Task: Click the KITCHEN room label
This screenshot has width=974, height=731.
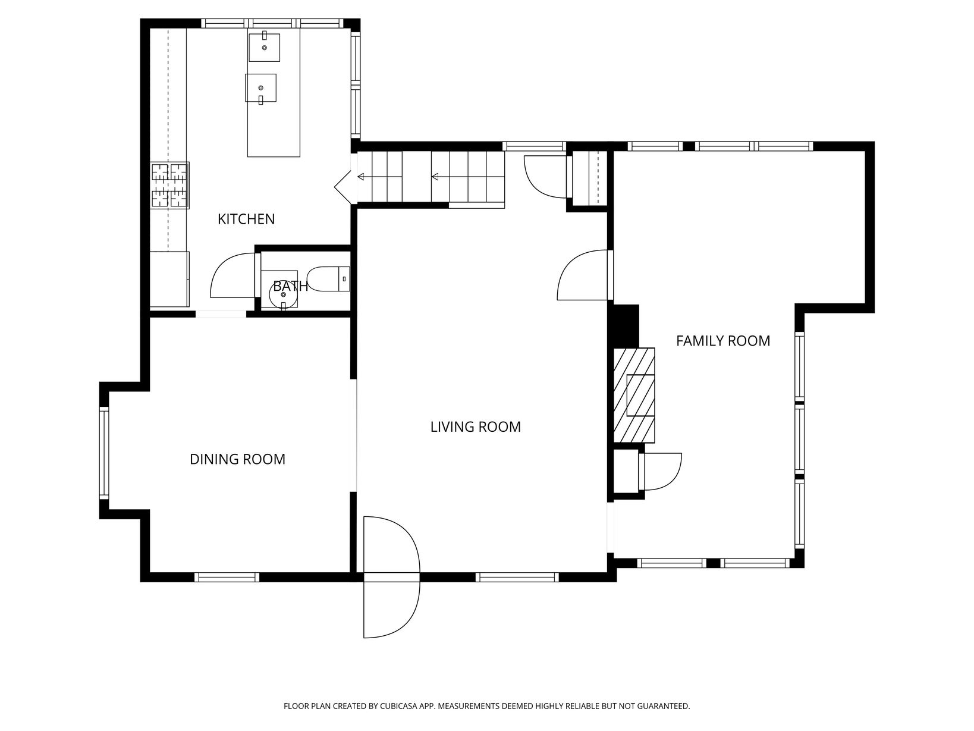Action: pos(246,219)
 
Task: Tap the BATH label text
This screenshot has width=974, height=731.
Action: pos(290,286)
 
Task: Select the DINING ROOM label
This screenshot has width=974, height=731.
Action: pos(237,459)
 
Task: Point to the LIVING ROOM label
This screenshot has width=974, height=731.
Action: pos(475,426)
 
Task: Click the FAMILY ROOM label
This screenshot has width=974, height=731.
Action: pos(723,340)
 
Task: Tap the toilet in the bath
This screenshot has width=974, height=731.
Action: pos(328,279)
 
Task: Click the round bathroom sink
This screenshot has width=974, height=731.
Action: pos(283,295)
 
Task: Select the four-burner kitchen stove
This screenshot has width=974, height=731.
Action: pos(169,185)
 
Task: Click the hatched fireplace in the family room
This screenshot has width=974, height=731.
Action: pos(634,395)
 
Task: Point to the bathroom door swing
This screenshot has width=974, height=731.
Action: pos(232,275)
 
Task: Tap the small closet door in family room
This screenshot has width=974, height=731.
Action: pos(660,472)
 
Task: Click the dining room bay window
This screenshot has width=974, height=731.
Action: pos(104,453)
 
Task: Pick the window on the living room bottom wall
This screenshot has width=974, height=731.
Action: pos(517,577)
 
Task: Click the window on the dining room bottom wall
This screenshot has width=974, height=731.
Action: pos(227,577)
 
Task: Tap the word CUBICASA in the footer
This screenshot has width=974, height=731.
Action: pos(398,705)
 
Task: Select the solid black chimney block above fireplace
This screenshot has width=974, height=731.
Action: pos(626,326)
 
